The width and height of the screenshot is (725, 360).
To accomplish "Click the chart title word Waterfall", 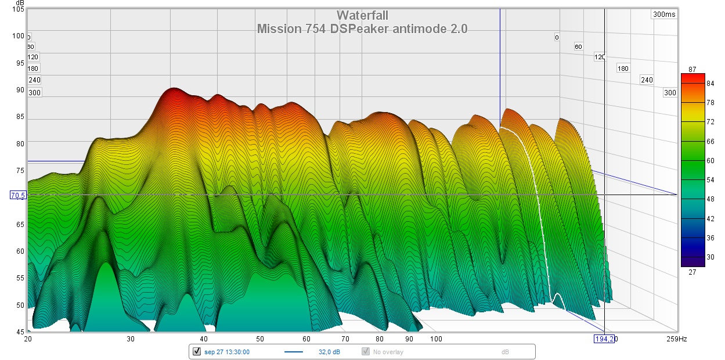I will (362, 16).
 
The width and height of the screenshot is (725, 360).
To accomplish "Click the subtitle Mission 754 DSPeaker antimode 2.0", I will (362, 28).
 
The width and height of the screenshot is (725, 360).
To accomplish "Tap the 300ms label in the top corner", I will (663, 15).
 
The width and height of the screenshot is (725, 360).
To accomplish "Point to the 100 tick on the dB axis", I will (18, 36).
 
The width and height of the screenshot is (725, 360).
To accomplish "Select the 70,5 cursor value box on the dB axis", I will (18, 196).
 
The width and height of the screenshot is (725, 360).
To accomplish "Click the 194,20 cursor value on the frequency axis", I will (604, 339).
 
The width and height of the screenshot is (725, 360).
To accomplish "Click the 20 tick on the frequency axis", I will (28, 339).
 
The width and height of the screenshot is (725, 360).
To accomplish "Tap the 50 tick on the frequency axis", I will (260, 339).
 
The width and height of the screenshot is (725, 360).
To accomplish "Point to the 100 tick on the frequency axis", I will (436, 339).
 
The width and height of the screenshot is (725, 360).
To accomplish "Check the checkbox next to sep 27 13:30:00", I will (196, 351).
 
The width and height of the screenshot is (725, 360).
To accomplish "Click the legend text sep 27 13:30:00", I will (227, 352).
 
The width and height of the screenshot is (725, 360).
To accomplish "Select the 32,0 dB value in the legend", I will (329, 352).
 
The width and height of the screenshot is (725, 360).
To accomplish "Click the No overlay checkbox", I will (366, 351).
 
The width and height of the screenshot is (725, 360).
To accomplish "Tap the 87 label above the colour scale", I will (692, 70).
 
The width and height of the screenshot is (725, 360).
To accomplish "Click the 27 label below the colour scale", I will (692, 271).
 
